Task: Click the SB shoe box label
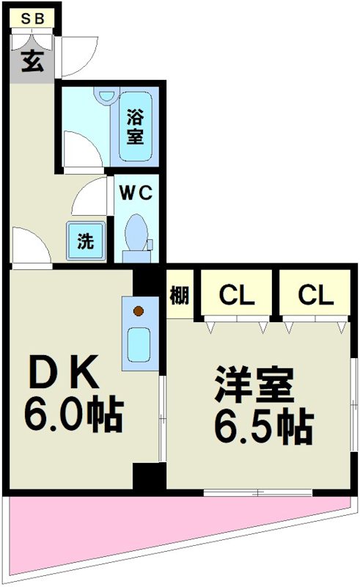32,18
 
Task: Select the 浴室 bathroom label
135,126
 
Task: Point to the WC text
136,193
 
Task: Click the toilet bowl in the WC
136,232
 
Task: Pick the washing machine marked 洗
86,241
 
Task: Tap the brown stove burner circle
139,310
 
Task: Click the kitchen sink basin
139,345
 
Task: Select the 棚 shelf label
180,296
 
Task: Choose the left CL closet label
237,295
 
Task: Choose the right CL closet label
315,295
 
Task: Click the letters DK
64,373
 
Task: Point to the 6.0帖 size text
74,414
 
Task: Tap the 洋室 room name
254,386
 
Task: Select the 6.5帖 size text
264,428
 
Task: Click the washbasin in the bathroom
106,95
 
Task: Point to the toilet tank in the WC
136,256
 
